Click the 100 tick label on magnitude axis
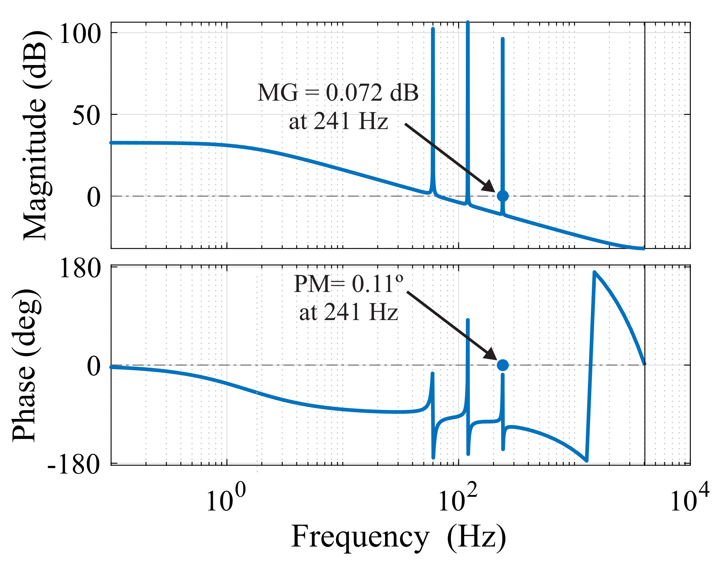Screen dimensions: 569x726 point(79,34)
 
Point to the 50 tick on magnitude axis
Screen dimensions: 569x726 point(86,115)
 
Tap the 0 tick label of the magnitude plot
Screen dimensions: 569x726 point(94,197)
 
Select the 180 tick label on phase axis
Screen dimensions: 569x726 point(79,268)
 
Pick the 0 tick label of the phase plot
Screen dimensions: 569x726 point(94,366)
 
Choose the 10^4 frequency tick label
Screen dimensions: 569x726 point(689,499)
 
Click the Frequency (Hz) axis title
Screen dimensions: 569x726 point(399,537)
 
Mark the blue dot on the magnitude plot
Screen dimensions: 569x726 point(503,196)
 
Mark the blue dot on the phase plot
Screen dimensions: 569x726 point(503,365)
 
